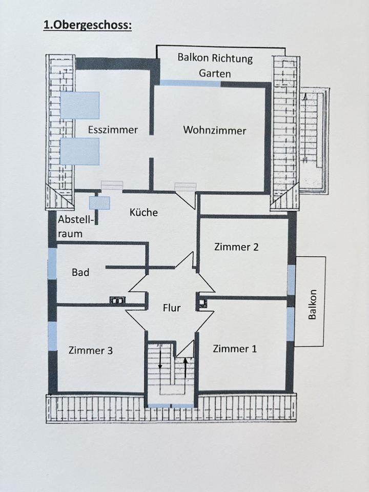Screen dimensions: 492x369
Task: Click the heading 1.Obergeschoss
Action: (x=87, y=25)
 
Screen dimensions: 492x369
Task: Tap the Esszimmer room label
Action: (x=113, y=130)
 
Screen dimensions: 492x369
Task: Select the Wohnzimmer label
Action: (x=215, y=130)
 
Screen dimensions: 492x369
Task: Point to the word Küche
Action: (x=143, y=212)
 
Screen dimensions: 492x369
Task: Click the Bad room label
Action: (x=80, y=272)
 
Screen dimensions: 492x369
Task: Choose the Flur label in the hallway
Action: (x=171, y=308)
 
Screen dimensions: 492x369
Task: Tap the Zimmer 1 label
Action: (x=235, y=348)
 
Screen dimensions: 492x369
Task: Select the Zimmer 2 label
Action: (x=236, y=247)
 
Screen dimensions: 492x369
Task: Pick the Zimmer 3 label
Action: (x=91, y=351)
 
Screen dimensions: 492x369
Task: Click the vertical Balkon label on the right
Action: (x=312, y=305)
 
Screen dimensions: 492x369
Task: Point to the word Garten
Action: (x=215, y=73)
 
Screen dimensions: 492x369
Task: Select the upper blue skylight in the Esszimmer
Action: (x=79, y=105)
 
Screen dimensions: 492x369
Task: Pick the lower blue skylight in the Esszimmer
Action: (x=79, y=151)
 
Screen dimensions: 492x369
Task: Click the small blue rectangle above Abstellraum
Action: (x=99, y=203)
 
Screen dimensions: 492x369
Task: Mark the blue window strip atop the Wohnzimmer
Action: (x=191, y=83)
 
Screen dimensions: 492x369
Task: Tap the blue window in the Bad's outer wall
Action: (x=52, y=263)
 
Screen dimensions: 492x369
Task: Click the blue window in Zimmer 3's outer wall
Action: (x=52, y=336)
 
